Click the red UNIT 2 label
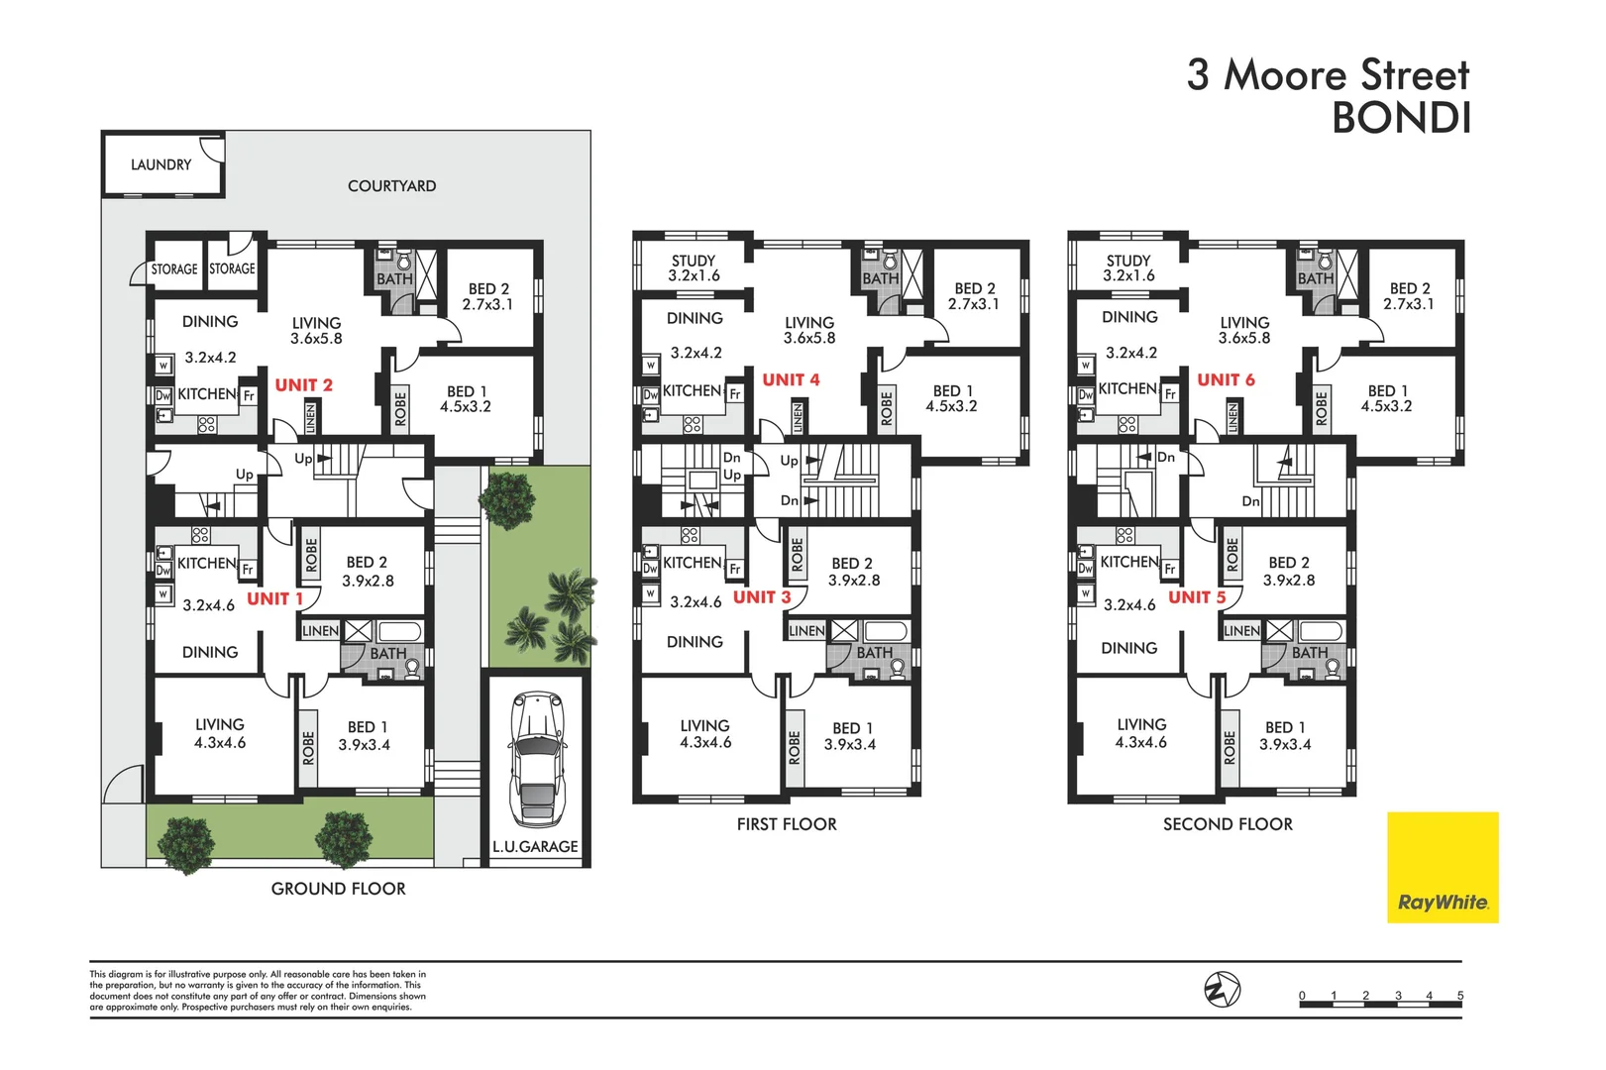(x=303, y=385)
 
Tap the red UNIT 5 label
(x=1197, y=597)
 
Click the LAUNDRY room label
(x=161, y=164)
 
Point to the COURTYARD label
(x=391, y=186)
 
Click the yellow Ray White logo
(x=1442, y=868)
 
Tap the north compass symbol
(x=1222, y=989)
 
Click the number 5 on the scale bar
(x=1459, y=996)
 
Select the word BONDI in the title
(x=1400, y=119)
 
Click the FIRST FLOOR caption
(x=787, y=824)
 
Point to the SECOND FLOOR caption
(x=1228, y=824)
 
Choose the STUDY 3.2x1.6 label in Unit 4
(x=694, y=268)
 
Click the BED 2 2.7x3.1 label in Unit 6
(x=1409, y=296)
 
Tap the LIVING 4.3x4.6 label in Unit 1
(x=220, y=734)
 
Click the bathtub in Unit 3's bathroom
(x=885, y=630)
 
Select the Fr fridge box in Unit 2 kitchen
(x=249, y=396)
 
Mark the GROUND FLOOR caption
(x=339, y=889)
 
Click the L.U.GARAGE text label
(x=535, y=847)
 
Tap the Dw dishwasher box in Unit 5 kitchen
(x=1085, y=569)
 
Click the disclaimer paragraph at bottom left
(x=258, y=991)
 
